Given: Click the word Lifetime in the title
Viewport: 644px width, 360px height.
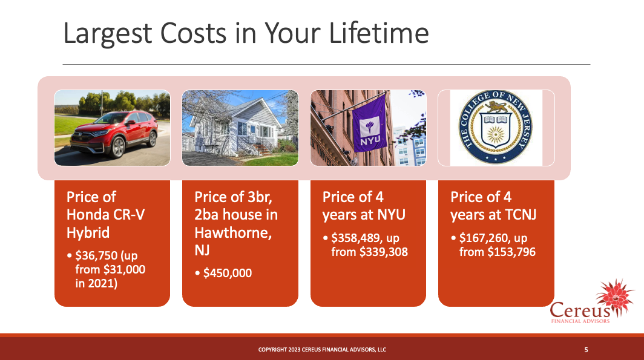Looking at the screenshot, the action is [x=379, y=33].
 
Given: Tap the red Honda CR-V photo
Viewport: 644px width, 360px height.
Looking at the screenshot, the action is [x=112, y=128].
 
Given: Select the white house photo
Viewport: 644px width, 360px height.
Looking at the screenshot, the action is [x=240, y=128].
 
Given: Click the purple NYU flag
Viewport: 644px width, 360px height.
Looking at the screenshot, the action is [x=370, y=123].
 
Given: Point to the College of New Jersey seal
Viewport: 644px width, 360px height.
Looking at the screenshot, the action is [x=496, y=127].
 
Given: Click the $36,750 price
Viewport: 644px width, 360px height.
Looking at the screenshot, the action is [x=96, y=256].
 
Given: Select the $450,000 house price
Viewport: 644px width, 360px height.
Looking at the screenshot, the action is [x=228, y=273].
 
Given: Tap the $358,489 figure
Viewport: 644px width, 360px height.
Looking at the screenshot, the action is [x=356, y=238].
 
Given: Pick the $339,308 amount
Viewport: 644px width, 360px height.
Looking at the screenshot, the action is [x=384, y=252].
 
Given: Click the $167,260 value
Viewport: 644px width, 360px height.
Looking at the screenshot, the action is [x=484, y=238].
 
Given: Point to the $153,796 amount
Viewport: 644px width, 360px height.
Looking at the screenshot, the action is [x=511, y=252].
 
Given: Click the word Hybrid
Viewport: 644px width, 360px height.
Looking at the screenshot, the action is [x=88, y=233].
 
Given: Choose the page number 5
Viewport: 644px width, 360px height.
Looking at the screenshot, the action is [x=586, y=350].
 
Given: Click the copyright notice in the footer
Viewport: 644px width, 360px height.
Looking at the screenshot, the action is [x=322, y=350].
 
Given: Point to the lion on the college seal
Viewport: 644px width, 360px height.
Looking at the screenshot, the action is [x=496, y=108].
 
